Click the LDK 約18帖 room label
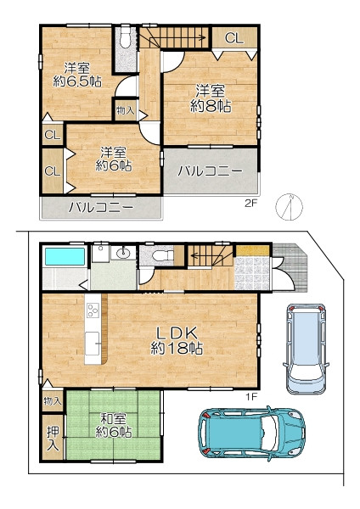(177, 340)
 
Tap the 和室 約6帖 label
(114, 426)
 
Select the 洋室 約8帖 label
(211, 98)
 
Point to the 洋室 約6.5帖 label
(77, 75)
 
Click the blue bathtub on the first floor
(65, 257)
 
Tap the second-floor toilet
(125, 36)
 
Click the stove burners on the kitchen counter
(93, 310)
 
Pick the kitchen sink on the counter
(93, 344)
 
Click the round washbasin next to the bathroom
(123, 253)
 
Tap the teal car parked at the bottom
(252, 433)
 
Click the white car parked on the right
(306, 349)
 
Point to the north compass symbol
(290, 207)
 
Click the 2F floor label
(250, 204)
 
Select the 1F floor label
(251, 396)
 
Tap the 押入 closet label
(53, 439)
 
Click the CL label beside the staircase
(234, 38)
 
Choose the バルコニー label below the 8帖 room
(211, 171)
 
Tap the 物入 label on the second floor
(126, 110)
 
